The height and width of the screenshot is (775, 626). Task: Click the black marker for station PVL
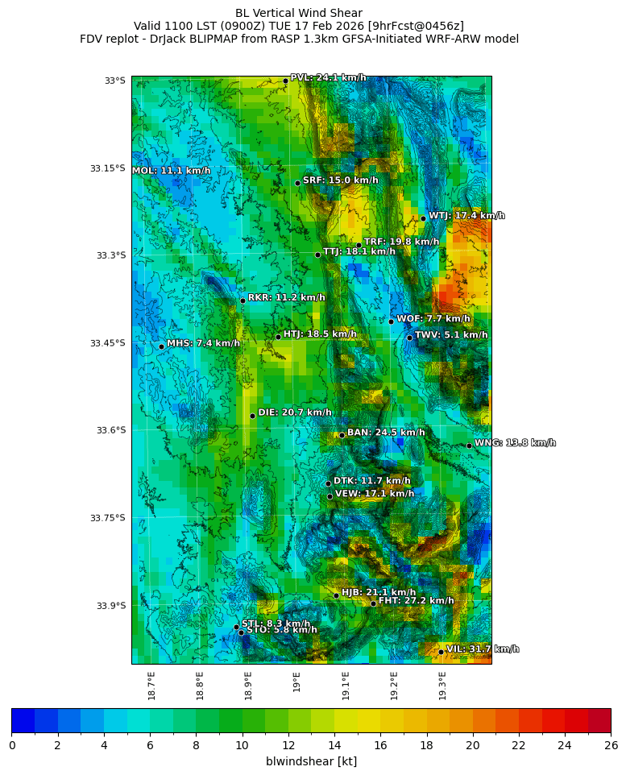[285, 81]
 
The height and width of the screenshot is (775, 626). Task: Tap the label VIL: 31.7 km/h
[482, 649]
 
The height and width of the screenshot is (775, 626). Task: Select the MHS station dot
[161, 346]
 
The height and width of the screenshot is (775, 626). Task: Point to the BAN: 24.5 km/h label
[385, 433]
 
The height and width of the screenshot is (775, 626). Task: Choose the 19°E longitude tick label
[297, 682]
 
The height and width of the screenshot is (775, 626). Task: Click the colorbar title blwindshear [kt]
[311, 761]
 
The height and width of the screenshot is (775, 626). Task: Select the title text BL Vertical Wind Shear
[299, 13]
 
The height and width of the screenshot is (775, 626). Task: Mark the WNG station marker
[469, 446]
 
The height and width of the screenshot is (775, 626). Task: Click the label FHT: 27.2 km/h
[416, 601]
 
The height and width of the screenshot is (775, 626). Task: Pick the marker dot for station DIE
[252, 416]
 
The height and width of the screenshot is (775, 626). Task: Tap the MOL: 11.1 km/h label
[172, 171]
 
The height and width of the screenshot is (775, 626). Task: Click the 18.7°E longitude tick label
[151, 685]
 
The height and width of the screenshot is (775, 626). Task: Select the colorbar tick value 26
[610, 746]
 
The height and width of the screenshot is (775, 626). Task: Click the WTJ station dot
[423, 218]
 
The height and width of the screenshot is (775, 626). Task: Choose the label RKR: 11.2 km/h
[286, 298]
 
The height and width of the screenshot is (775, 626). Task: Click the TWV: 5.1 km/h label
[450, 335]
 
